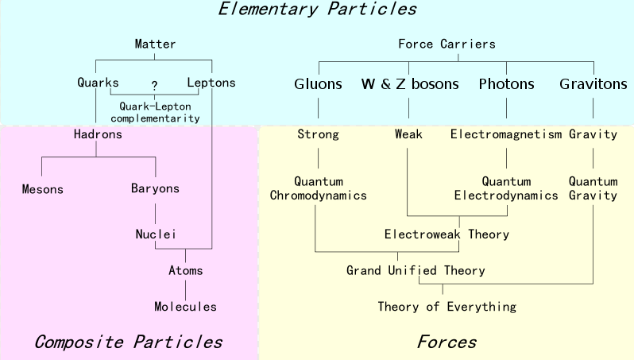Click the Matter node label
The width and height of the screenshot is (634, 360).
coord(155,44)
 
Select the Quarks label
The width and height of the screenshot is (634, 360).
coord(98,83)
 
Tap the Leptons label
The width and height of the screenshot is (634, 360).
coord(211,83)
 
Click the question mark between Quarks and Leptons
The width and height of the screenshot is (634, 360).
coord(154,85)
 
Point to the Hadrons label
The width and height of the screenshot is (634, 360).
coord(98,134)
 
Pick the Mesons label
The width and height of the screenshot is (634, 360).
coord(42,189)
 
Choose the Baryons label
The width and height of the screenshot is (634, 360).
coord(155,188)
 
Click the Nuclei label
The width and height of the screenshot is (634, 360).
coord(156,234)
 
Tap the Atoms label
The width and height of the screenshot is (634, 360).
coord(186,270)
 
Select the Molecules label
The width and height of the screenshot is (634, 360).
coord(186,306)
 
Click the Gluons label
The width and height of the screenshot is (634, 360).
coord(319,83)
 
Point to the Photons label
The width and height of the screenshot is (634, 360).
coord(507,83)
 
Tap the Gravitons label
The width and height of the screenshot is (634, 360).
coord(593,83)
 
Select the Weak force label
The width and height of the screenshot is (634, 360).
coord(408,134)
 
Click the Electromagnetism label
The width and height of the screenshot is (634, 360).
coord(506,134)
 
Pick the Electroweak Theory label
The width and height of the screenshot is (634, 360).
coord(447,234)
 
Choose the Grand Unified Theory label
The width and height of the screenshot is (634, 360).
coord(416,270)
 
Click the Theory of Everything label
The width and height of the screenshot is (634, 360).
coord(447,307)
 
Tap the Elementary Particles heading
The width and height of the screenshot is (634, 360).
coord(318,9)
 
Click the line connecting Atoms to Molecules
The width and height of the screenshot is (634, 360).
coord(186,290)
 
